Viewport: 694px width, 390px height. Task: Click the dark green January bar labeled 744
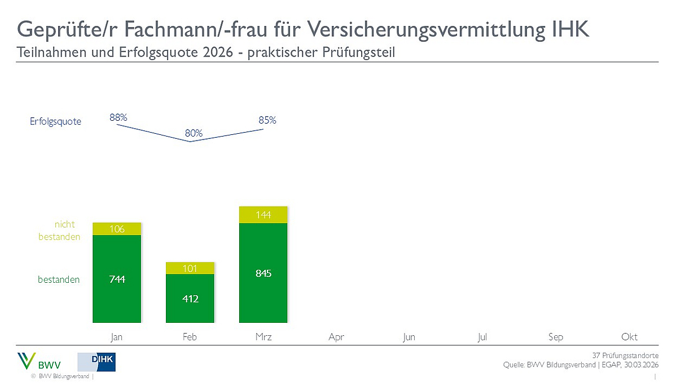tap(117, 279)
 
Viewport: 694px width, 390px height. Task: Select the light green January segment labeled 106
tap(117, 229)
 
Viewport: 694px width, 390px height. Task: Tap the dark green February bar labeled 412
tap(190, 298)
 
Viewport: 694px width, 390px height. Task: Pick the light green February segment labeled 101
tap(190, 268)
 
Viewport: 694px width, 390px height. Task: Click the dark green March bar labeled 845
tap(263, 273)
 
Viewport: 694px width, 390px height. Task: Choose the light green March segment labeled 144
tap(263, 214)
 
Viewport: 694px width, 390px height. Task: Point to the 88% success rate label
tap(118, 118)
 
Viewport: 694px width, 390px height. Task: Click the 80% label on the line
tap(194, 134)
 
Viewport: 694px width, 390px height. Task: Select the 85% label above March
tap(267, 120)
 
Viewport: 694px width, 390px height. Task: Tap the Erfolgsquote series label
tap(55, 121)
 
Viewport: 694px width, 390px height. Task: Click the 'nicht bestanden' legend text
tap(59, 231)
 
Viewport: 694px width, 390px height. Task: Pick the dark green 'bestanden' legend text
tap(59, 279)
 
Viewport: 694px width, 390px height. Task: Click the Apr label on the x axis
tap(336, 337)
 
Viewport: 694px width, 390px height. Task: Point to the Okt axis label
tap(629, 337)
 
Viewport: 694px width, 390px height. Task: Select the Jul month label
tap(482, 337)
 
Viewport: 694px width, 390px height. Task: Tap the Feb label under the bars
tap(190, 337)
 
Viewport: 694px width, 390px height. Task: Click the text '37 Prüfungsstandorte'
tap(625, 356)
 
